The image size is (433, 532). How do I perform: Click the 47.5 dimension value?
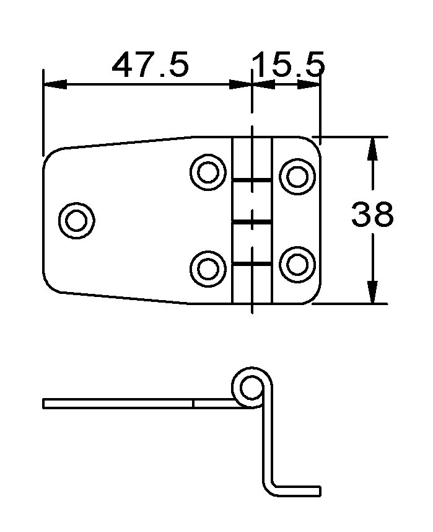[x=150, y=64]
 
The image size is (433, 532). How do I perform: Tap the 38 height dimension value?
[x=372, y=214]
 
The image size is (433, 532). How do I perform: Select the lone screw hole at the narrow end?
[x=76, y=221]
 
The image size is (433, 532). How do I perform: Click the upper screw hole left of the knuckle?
[x=208, y=172]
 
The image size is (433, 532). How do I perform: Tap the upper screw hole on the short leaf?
[x=297, y=177]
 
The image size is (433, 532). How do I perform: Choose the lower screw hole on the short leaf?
[x=297, y=264]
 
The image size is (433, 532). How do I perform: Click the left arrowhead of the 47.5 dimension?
[x=55, y=84]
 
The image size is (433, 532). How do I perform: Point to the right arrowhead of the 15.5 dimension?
[x=308, y=84]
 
